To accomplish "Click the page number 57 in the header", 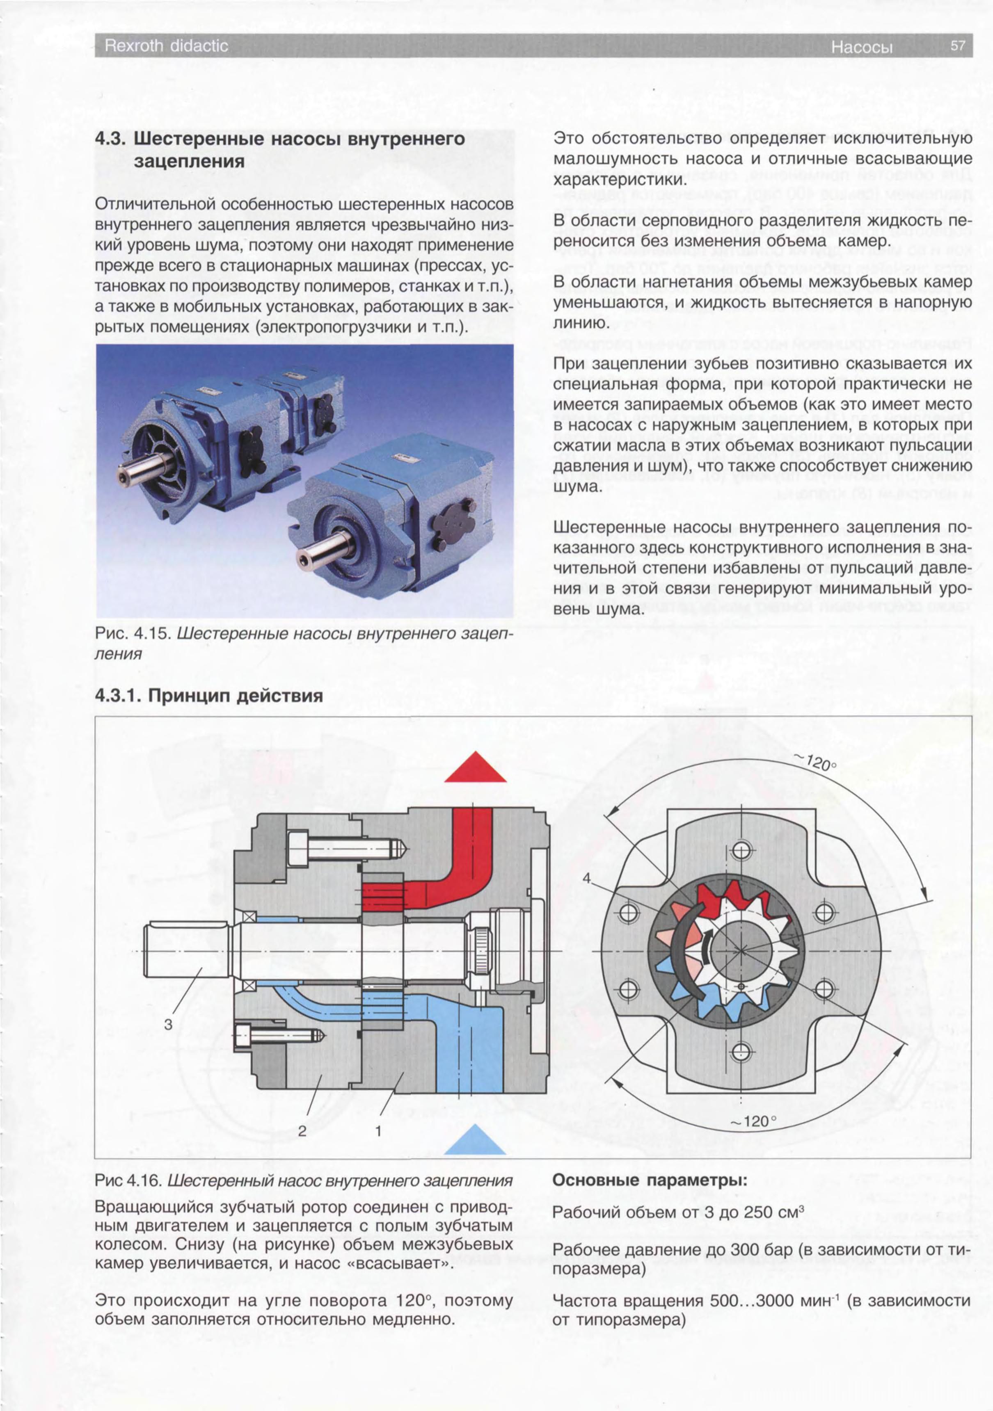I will (957, 46).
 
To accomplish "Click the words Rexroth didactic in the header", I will (166, 46).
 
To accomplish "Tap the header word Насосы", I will (861, 47).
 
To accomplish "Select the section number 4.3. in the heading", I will (112, 139).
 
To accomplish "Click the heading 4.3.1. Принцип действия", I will (208, 696).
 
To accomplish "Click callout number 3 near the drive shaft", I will (168, 1025).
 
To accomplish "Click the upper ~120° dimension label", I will (818, 763).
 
